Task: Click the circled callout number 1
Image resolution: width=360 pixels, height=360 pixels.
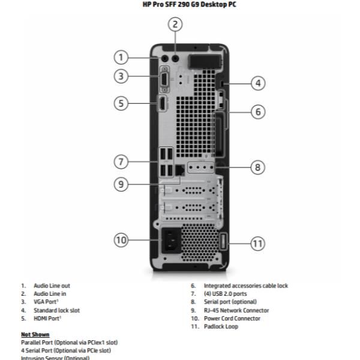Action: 122,58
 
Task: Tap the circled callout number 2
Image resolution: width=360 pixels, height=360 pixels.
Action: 175,25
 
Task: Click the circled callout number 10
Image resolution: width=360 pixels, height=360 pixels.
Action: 122,240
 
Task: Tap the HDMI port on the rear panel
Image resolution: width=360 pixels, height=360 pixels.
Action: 162,104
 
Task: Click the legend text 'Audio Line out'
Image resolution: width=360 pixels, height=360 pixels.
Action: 56,286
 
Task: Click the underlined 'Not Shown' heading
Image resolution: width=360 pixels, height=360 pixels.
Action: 35,334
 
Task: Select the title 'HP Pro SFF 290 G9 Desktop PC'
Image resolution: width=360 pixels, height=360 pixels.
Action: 180,5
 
